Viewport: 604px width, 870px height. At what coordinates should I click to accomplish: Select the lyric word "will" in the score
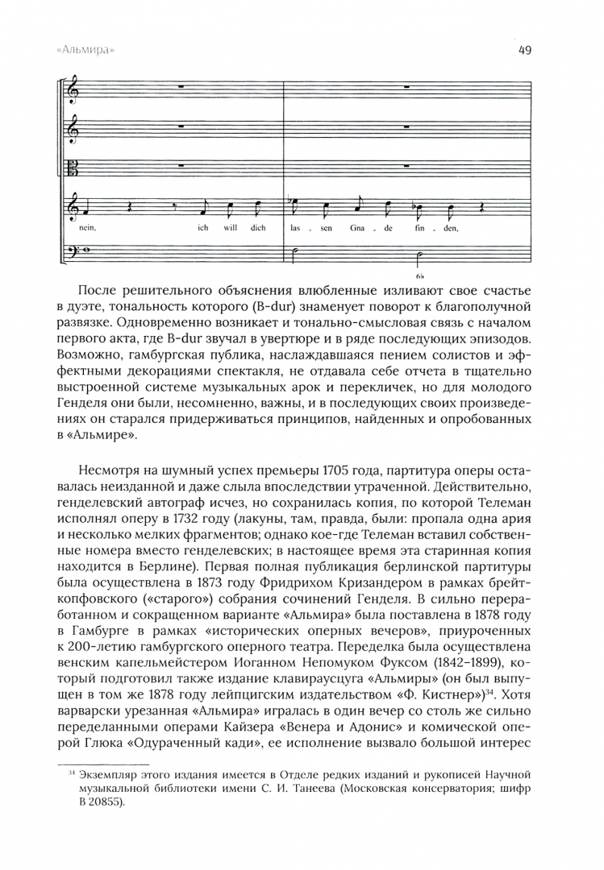230,228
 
